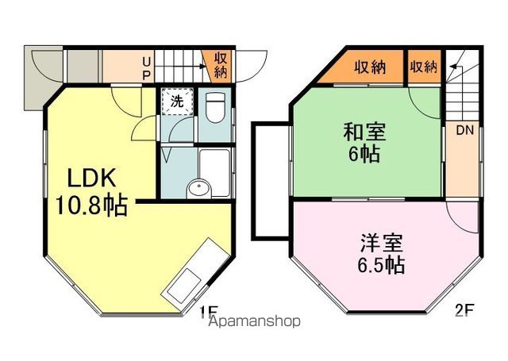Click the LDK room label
pos(87,177)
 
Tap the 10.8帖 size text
pos(91,205)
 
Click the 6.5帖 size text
pos(379,264)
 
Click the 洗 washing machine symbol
pos(177,102)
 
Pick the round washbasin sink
pos(199,189)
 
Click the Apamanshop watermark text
pos(254,322)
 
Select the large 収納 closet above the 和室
pos(370,67)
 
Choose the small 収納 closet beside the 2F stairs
pos(424,67)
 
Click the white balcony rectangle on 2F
pos(270,179)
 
